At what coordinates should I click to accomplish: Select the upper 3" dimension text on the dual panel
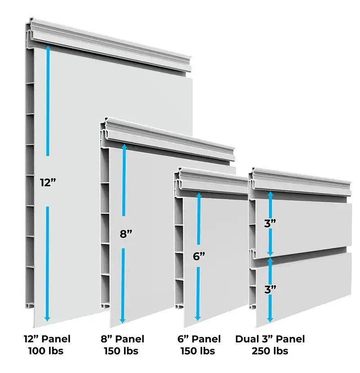tap(270, 224)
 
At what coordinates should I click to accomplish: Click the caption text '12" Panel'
tap(47, 339)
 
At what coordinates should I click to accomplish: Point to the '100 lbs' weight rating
tap(47, 351)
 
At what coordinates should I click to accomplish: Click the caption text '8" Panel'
tap(122, 339)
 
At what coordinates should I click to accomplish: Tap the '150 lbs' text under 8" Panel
tap(122, 351)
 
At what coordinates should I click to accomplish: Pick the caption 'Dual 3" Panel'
tap(270, 339)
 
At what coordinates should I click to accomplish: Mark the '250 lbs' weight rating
tap(270, 351)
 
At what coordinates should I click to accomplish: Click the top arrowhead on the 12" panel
tap(47, 48)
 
